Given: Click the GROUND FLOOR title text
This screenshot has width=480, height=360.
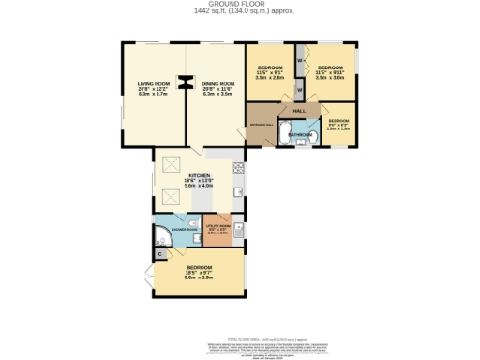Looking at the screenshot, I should pos(239,5).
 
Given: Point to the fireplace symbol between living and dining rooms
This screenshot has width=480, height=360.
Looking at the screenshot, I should pos(187,86).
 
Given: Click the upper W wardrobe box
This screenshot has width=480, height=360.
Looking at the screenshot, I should pos(299,62).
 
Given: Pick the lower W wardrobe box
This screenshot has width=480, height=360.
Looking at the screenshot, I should pos(299,91).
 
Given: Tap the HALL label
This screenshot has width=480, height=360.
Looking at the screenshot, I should pos(300,112).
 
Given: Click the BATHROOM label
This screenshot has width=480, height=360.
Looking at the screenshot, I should pos(301,135).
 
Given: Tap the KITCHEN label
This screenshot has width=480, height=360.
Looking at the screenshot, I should pos(200,176).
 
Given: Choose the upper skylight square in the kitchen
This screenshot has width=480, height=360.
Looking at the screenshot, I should pos(172,166).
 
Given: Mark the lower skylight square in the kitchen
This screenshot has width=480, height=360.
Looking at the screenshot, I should pos(172,197).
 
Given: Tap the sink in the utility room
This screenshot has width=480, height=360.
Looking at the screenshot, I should pos(238,229).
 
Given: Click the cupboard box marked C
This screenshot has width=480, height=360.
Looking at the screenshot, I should pos(159,254).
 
